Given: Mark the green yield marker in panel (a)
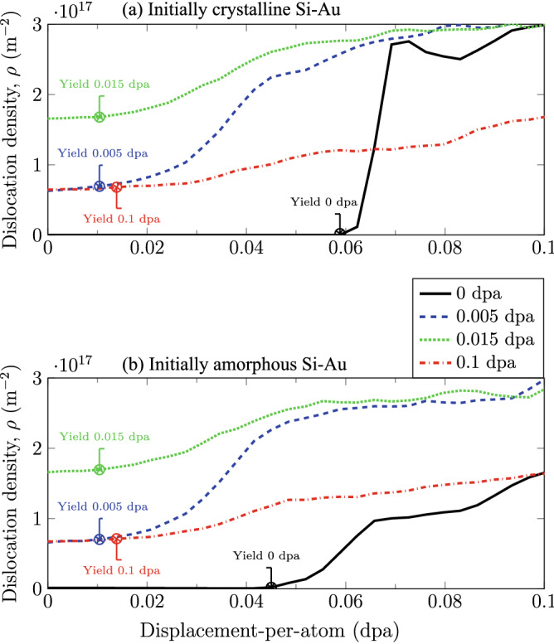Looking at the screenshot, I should click(100, 117).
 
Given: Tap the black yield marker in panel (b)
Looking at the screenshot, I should click(271, 587).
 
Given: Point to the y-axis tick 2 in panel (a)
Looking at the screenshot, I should click(39, 94).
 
